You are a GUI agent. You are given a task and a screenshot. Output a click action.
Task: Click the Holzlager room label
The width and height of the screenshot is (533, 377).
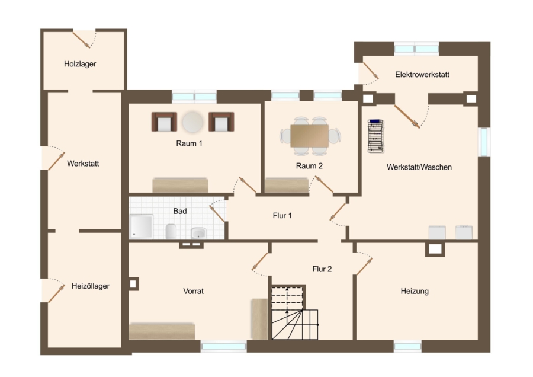[80, 64]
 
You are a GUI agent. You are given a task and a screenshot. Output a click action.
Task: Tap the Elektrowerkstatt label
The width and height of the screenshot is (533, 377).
[422, 75]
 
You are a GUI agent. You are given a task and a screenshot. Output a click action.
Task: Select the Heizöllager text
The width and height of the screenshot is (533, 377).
[91, 286]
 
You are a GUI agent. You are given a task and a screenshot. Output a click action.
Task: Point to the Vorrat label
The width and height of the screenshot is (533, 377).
[194, 291]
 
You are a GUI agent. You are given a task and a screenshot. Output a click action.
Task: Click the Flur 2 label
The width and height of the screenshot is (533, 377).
[322, 269]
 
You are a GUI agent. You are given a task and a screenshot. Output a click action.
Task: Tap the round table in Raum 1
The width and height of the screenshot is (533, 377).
[192, 122]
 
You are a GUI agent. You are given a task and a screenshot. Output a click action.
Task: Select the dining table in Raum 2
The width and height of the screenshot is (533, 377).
[309, 136]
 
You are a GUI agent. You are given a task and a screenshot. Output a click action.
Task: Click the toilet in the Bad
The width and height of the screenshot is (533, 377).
[171, 231]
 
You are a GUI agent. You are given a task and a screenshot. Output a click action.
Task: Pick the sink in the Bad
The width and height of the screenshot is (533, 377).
[198, 233]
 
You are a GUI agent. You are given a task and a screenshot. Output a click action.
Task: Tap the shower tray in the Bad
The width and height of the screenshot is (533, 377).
[141, 226]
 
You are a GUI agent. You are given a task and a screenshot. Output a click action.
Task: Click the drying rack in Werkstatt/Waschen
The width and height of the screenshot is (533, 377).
[375, 136]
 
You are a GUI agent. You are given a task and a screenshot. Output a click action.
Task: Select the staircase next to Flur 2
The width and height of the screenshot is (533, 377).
[295, 313]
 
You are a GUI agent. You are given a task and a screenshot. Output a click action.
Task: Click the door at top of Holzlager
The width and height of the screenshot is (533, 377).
[82, 40]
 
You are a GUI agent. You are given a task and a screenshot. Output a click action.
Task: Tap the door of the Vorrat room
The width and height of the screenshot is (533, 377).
[260, 261]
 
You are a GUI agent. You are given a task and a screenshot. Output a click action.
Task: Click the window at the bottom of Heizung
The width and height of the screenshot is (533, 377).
[407, 346]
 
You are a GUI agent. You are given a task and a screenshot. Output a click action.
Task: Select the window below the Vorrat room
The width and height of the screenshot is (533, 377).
[223, 346]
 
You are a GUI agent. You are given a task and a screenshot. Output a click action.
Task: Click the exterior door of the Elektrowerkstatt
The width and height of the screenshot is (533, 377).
[371, 71]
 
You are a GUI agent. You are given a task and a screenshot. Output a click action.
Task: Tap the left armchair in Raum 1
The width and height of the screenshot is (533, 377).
[164, 122]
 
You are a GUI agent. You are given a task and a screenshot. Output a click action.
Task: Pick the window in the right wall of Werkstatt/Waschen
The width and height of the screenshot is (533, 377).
[484, 142]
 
